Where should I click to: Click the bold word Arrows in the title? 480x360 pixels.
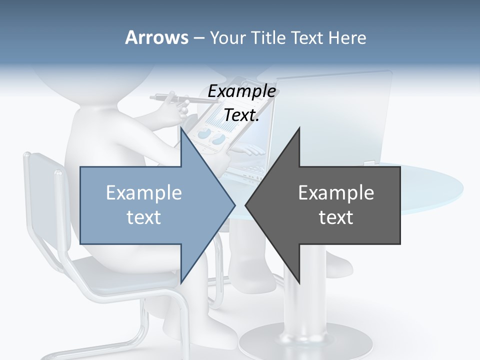click(156, 37)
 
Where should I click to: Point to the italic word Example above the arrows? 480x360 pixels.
click(241, 91)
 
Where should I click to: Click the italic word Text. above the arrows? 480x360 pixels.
click(241, 115)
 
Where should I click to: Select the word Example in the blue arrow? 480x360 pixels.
click(143, 192)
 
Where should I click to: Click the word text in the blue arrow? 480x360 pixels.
click(143, 217)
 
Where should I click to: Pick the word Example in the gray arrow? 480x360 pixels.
click(336, 192)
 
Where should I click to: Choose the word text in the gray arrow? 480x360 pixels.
click(336, 217)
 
